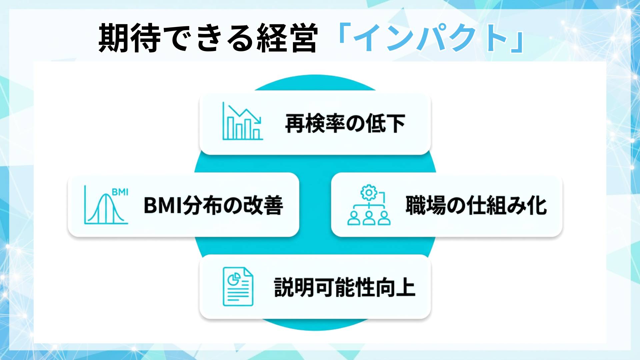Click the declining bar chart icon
(x=243, y=121)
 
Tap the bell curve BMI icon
(x=106, y=205)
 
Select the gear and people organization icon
(x=369, y=205)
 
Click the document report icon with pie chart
(x=238, y=287)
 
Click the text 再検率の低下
(x=345, y=123)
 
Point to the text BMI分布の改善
(x=213, y=205)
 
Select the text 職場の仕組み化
(x=476, y=205)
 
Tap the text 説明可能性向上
(x=345, y=287)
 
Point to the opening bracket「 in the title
(x=343, y=33)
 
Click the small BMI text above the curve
(x=120, y=192)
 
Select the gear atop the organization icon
(x=369, y=193)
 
